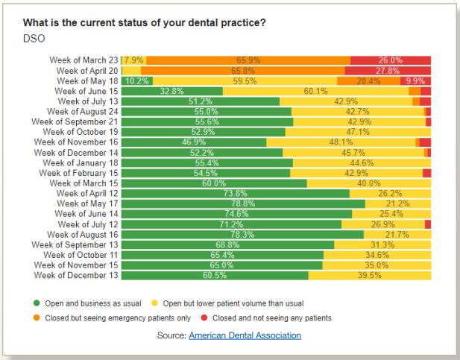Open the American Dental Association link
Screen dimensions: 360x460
[x=245, y=335]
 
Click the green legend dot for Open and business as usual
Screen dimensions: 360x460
[x=36, y=303]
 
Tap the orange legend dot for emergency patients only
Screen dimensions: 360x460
[x=36, y=318]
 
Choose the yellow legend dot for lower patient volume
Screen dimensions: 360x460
[x=154, y=303]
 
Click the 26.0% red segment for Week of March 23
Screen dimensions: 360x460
[x=390, y=60]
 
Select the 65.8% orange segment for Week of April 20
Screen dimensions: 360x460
[x=243, y=70]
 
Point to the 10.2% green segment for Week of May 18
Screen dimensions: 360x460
[x=136, y=80]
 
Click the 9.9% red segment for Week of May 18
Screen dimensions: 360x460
[x=415, y=80]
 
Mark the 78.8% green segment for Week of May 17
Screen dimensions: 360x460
[x=243, y=203]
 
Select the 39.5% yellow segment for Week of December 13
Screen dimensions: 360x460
[x=369, y=275]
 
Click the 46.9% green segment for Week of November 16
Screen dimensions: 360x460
[x=194, y=142]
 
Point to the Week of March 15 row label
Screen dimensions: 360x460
[x=84, y=183]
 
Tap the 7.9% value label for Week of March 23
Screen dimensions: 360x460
[x=134, y=60]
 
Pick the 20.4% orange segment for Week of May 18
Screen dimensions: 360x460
[x=368, y=80]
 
